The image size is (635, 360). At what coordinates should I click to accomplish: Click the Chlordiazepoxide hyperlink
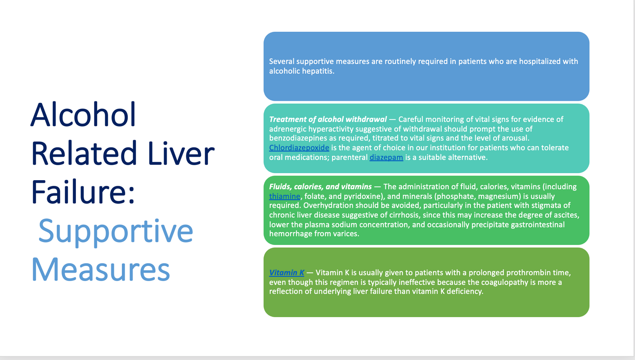299,148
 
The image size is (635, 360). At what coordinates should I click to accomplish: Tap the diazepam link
386,157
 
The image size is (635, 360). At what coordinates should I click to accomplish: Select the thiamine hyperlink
285,196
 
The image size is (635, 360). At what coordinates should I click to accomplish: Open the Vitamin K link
287,273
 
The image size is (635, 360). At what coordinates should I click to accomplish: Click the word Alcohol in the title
83,115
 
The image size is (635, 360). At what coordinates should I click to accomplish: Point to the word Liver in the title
181,153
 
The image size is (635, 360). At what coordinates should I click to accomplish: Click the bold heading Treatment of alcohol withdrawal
328,119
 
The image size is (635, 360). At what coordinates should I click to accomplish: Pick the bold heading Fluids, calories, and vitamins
320,187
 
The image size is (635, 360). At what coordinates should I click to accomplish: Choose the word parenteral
349,157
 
